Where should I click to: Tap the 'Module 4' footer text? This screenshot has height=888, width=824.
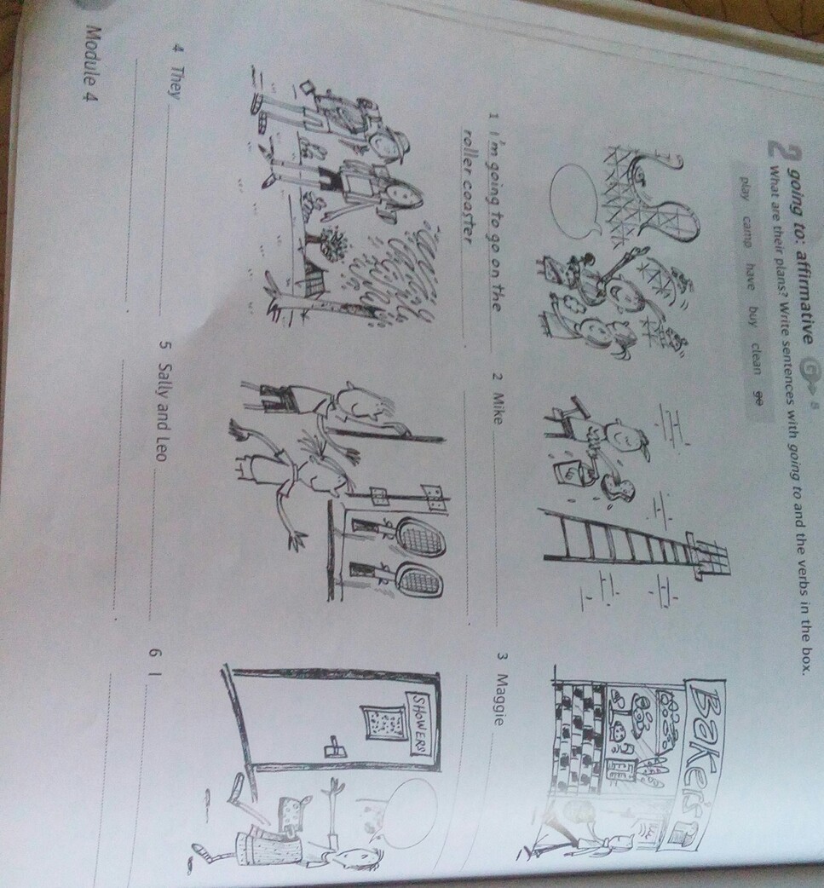tap(89, 63)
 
